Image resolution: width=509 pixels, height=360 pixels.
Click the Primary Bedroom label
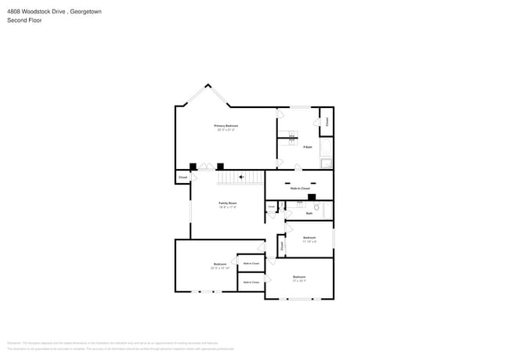[x=226, y=127]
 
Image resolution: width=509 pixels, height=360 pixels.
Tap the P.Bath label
[x=308, y=147]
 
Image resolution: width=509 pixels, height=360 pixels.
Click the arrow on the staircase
[x=242, y=178]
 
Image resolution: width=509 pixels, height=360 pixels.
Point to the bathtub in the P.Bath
[x=327, y=164]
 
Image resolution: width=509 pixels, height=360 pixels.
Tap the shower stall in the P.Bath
[x=327, y=146]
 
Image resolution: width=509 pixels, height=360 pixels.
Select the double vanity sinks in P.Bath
[x=291, y=138]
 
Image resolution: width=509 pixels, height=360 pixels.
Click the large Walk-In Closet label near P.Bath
[x=300, y=189]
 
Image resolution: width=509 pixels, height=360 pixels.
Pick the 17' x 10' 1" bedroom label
[x=299, y=278]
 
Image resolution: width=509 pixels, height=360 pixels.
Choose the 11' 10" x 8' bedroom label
[x=309, y=238]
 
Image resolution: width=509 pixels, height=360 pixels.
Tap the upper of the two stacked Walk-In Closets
[x=251, y=264]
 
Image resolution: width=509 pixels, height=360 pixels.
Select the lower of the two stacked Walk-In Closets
[x=251, y=282]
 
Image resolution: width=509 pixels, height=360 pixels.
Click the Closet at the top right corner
[x=327, y=121]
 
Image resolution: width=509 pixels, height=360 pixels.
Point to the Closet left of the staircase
[x=182, y=178]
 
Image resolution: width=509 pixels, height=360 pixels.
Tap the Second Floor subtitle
[x=24, y=20]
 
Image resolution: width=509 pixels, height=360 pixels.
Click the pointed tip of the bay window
[x=208, y=86]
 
